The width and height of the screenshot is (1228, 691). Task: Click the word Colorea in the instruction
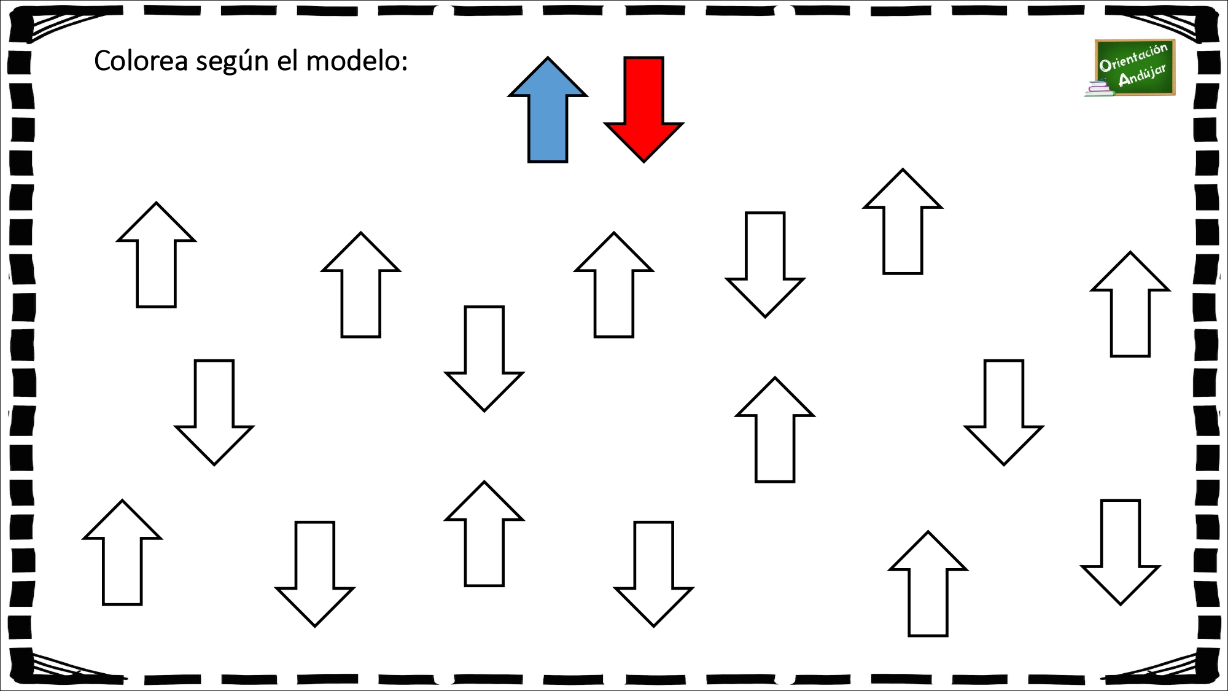pos(141,61)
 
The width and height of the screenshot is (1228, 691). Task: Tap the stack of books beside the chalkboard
pos(1099,89)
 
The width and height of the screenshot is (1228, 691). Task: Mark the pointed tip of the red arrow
pos(643,162)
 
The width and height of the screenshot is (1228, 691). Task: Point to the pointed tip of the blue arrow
pos(548,58)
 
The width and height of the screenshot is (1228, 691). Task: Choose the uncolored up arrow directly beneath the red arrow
pos(614,285)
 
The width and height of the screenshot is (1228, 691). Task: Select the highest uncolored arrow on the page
pos(903,221)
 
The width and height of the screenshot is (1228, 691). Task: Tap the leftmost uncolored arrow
pos(122,553)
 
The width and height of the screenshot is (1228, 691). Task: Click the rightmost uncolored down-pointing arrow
pos(1121,552)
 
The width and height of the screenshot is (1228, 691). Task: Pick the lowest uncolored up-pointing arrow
pos(928,584)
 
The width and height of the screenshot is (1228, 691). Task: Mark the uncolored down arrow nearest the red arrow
pos(765,265)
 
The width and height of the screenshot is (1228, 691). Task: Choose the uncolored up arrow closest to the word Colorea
pos(156,255)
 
